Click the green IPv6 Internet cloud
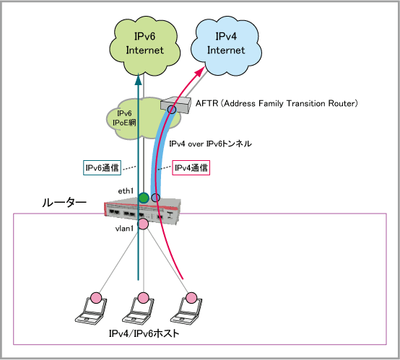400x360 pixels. [144, 46]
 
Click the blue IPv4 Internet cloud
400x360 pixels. [226, 46]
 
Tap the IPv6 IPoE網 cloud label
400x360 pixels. [124, 118]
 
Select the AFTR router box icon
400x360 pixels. [175, 105]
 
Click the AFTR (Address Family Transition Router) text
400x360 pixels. [277, 103]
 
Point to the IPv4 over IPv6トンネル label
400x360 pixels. [210, 144]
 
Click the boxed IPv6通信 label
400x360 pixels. [102, 167]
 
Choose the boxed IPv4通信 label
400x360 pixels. [191, 167]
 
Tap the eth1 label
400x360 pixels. [126, 191]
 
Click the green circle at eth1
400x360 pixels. [144, 198]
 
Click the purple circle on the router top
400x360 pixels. [155, 198]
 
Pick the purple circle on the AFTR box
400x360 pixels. [172, 110]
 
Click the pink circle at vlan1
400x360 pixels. [143, 224]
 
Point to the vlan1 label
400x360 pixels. [124, 229]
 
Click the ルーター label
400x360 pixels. [64, 203]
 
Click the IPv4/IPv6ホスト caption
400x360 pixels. [144, 333]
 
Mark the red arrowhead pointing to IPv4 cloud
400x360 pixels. [200, 71]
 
